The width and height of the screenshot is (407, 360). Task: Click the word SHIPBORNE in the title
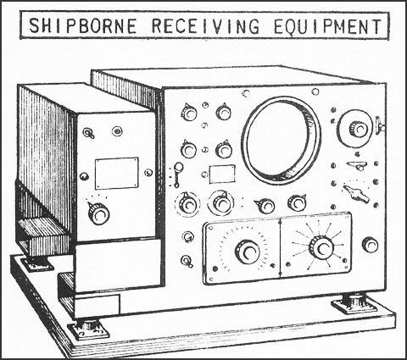click(83, 25)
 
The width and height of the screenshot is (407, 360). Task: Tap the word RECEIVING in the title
click(205, 25)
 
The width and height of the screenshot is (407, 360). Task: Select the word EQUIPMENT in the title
click(327, 25)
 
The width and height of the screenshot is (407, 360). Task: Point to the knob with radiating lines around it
click(321, 247)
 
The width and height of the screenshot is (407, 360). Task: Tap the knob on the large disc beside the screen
click(359, 129)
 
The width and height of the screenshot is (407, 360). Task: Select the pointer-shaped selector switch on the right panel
click(356, 192)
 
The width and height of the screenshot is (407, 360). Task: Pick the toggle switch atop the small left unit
click(88, 133)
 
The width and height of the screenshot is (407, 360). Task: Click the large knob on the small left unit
click(98, 213)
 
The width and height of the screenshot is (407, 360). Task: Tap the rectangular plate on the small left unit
click(116, 173)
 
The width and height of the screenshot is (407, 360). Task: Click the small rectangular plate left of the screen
click(222, 174)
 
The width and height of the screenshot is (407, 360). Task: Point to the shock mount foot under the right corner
click(354, 304)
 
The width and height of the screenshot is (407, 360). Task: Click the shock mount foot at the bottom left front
click(88, 329)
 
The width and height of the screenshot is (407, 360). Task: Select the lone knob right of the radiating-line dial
click(370, 245)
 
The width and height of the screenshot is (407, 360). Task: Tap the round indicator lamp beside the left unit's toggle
click(117, 131)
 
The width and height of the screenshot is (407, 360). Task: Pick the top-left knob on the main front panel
click(189, 112)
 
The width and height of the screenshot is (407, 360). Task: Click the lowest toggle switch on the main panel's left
click(187, 261)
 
